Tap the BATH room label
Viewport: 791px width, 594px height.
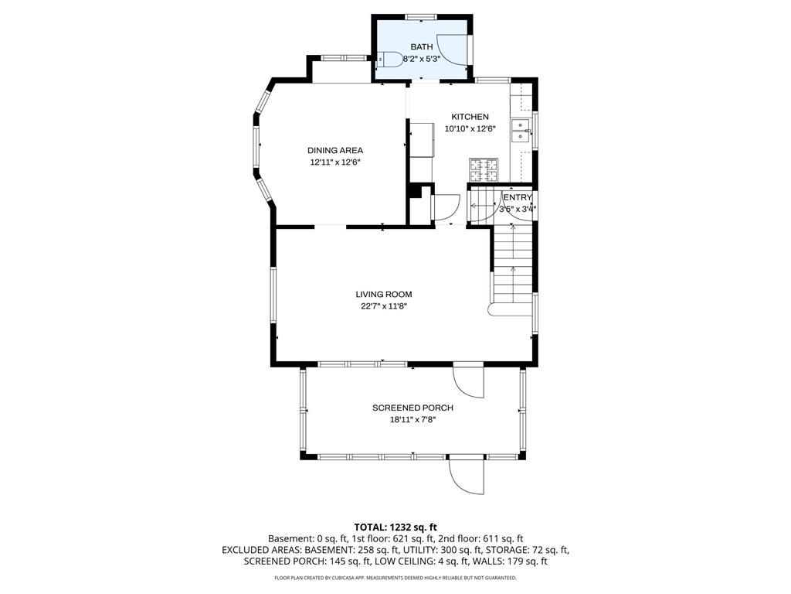coord(421,47)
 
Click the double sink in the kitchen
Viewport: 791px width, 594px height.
coord(521,131)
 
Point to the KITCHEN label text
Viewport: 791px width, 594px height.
coord(470,117)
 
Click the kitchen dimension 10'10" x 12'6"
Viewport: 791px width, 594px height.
coord(470,129)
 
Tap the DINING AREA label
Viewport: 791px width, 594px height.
coord(335,150)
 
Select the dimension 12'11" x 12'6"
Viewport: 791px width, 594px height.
coord(335,162)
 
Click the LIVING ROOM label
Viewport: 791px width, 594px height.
coord(383,294)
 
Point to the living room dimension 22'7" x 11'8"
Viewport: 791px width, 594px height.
coord(383,306)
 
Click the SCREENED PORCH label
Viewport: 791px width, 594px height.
coord(412,408)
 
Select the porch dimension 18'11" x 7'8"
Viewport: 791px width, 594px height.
coord(412,420)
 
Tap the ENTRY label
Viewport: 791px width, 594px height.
coord(518,197)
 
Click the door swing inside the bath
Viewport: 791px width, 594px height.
coord(452,50)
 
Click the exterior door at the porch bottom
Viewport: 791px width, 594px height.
coord(467,474)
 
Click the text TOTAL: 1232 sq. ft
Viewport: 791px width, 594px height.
coord(395,527)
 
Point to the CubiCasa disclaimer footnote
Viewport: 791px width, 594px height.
coord(395,578)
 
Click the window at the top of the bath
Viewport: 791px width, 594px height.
coord(421,16)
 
